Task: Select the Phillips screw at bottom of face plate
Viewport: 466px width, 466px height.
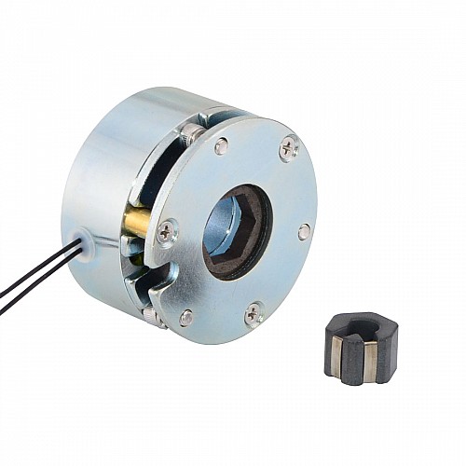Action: tap(254, 314)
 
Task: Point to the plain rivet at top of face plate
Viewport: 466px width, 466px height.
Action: tap(221, 145)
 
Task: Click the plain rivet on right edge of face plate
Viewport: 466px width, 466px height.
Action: tap(304, 231)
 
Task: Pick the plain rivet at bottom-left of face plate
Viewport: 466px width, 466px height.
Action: tap(186, 317)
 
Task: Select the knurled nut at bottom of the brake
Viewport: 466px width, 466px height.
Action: tap(154, 317)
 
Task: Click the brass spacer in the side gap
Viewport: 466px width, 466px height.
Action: tap(137, 225)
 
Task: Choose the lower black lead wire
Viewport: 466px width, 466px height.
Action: tap(37, 284)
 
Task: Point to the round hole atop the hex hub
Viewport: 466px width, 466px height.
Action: tap(363, 328)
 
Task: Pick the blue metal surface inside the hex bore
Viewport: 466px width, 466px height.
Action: tap(225, 224)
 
